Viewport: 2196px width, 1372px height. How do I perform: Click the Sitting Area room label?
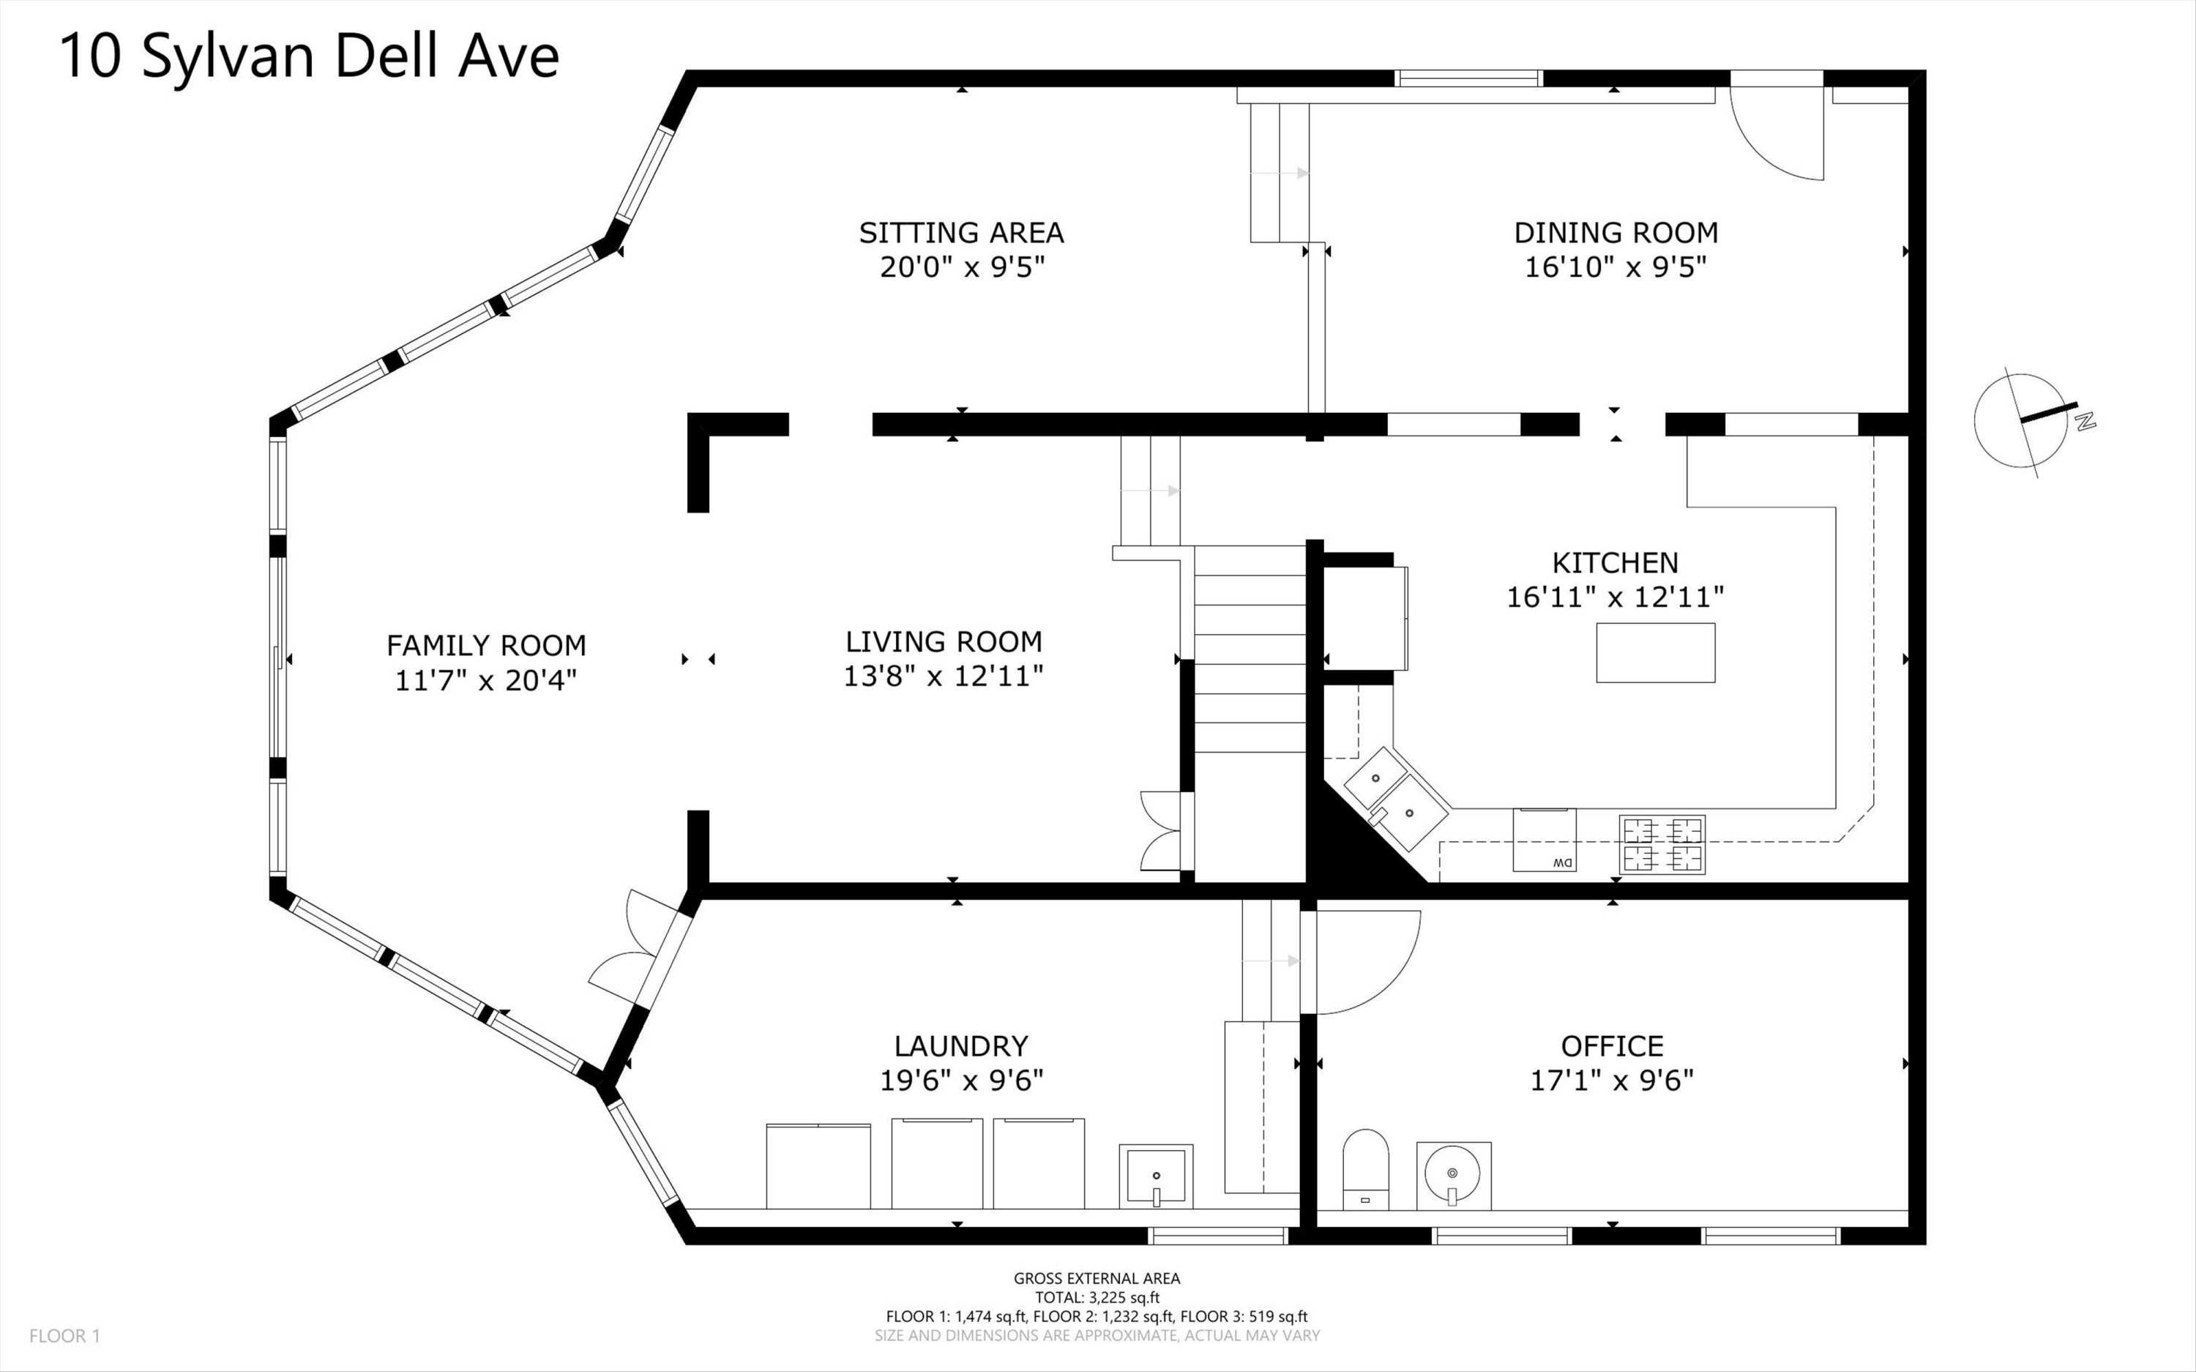click(x=962, y=234)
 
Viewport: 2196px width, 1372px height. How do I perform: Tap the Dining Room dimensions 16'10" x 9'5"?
click(x=1616, y=268)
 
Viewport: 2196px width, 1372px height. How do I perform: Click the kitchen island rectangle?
click(x=1655, y=652)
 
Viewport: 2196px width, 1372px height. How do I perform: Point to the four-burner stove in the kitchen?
click(x=1662, y=844)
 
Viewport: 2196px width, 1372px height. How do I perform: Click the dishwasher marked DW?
click(x=1544, y=840)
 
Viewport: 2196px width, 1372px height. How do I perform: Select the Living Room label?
click(x=944, y=643)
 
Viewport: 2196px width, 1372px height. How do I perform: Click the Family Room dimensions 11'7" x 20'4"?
click(x=485, y=681)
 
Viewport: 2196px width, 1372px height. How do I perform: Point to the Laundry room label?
click(x=962, y=1046)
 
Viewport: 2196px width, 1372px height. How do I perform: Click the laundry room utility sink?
click(x=1156, y=1176)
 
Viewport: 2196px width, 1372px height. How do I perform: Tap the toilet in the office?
click(x=1365, y=1170)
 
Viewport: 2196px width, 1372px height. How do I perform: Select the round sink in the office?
click(x=1453, y=1175)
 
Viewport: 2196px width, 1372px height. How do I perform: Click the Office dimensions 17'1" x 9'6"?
click(x=1612, y=1081)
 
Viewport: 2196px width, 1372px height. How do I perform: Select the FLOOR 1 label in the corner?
click(x=64, y=1335)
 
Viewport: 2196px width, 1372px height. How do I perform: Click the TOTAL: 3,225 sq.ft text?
click(x=1097, y=1297)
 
